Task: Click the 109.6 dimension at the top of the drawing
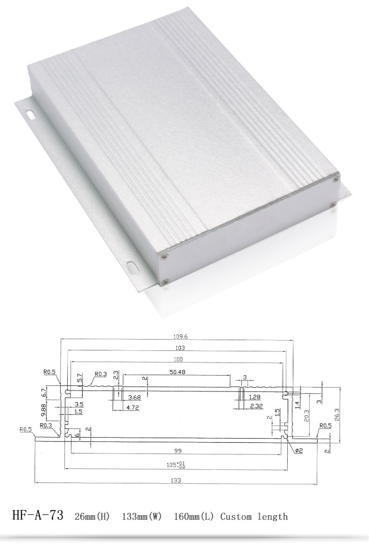[180, 336]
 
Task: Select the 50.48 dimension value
[177, 372]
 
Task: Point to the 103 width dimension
[180, 348]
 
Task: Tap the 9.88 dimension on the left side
[44, 410]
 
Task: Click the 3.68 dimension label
[135, 398]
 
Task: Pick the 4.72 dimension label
[132, 408]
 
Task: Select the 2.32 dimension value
[256, 406]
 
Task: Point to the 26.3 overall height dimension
[336, 415]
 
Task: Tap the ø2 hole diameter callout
[299, 450]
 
